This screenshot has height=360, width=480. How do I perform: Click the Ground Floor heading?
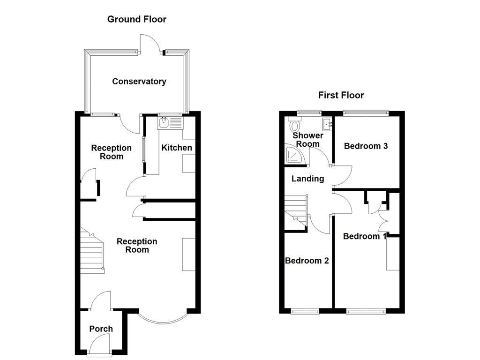[x=136, y=19]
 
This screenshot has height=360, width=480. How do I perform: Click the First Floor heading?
[x=341, y=95]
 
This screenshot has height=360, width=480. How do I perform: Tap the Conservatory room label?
[x=139, y=82]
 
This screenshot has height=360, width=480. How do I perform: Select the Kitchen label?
[x=177, y=148]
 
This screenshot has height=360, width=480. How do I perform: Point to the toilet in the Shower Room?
[x=295, y=125]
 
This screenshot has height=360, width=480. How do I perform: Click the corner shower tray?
[x=295, y=155]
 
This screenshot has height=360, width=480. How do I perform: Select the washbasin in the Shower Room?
[x=327, y=124]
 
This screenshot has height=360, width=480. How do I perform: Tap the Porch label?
[x=101, y=329]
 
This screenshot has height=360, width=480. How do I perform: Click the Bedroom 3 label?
[x=366, y=146]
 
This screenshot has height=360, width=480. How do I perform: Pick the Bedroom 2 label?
[x=307, y=261]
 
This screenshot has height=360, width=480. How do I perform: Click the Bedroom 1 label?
[x=365, y=236]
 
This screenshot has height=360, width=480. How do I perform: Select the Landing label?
[x=307, y=179]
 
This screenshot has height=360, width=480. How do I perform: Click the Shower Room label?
[x=307, y=140]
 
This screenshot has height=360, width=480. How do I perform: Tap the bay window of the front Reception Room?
[x=164, y=320]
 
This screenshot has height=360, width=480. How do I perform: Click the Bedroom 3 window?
[x=366, y=112]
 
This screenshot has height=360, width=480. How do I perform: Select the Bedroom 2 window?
[x=305, y=311]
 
